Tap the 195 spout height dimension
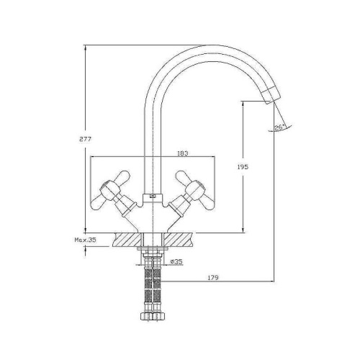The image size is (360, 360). (242, 167)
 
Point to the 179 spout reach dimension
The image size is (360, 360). (212, 277)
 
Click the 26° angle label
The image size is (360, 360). (280, 128)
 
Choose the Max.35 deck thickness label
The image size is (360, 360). (84, 240)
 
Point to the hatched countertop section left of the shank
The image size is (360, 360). (125, 238)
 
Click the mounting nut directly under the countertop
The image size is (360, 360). (153, 253)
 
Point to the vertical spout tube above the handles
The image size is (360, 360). (153, 137)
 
